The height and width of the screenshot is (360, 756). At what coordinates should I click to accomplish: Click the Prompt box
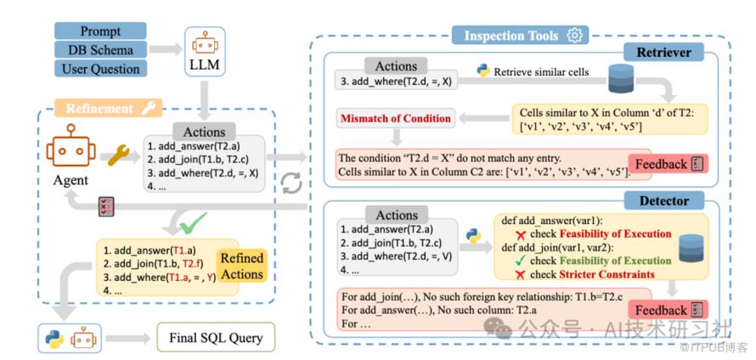[x=99, y=31]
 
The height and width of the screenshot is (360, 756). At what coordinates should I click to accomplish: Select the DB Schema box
[x=99, y=49]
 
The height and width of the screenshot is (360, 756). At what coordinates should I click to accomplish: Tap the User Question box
[x=99, y=68]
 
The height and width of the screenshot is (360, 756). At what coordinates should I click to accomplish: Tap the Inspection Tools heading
[x=511, y=36]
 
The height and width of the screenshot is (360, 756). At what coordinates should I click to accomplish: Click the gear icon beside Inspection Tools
[x=576, y=36]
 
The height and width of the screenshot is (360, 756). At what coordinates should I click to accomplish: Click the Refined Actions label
[x=242, y=266]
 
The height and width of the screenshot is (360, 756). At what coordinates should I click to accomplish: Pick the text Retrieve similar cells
[x=541, y=72]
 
